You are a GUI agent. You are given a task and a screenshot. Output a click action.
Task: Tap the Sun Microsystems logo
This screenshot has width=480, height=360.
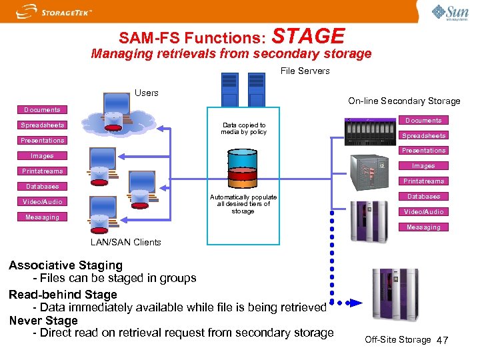pyautogui.click(x=450, y=12)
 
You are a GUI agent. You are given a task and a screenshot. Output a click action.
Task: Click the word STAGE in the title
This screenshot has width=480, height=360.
pyautogui.click(x=309, y=37)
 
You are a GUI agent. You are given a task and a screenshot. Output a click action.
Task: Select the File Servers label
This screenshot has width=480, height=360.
pyautogui.click(x=305, y=71)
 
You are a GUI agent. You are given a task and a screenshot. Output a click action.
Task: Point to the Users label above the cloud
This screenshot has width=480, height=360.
pyautogui.click(x=146, y=93)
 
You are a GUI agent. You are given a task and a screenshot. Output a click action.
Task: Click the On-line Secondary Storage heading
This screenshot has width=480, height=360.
pyautogui.click(x=404, y=101)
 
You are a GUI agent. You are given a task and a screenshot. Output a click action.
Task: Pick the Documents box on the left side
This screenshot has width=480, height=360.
pyautogui.click(x=42, y=110)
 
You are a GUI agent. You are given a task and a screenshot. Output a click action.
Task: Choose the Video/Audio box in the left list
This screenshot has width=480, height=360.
pyautogui.click(x=42, y=202)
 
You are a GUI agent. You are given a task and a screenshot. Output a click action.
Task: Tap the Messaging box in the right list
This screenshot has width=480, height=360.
pyautogui.click(x=423, y=227)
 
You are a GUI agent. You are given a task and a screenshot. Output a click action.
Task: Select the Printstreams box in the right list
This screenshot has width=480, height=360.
pyautogui.click(x=423, y=181)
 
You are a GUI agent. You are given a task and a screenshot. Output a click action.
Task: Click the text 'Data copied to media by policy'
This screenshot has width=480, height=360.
pyautogui.click(x=244, y=129)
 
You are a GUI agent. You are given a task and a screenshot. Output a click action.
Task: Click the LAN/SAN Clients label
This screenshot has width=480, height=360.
pyautogui.click(x=126, y=242)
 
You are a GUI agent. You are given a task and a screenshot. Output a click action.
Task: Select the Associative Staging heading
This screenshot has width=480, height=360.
pyautogui.click(x=65, y=265)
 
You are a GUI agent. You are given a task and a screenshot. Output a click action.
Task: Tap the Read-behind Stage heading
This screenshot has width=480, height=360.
pyautogui.click(x=63, y=295)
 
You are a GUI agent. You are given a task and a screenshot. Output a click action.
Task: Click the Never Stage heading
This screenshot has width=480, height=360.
pyautogui.click(x=43, y=321)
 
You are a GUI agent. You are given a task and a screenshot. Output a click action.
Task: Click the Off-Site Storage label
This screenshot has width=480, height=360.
pyautogui.click(x=397, y=340)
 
